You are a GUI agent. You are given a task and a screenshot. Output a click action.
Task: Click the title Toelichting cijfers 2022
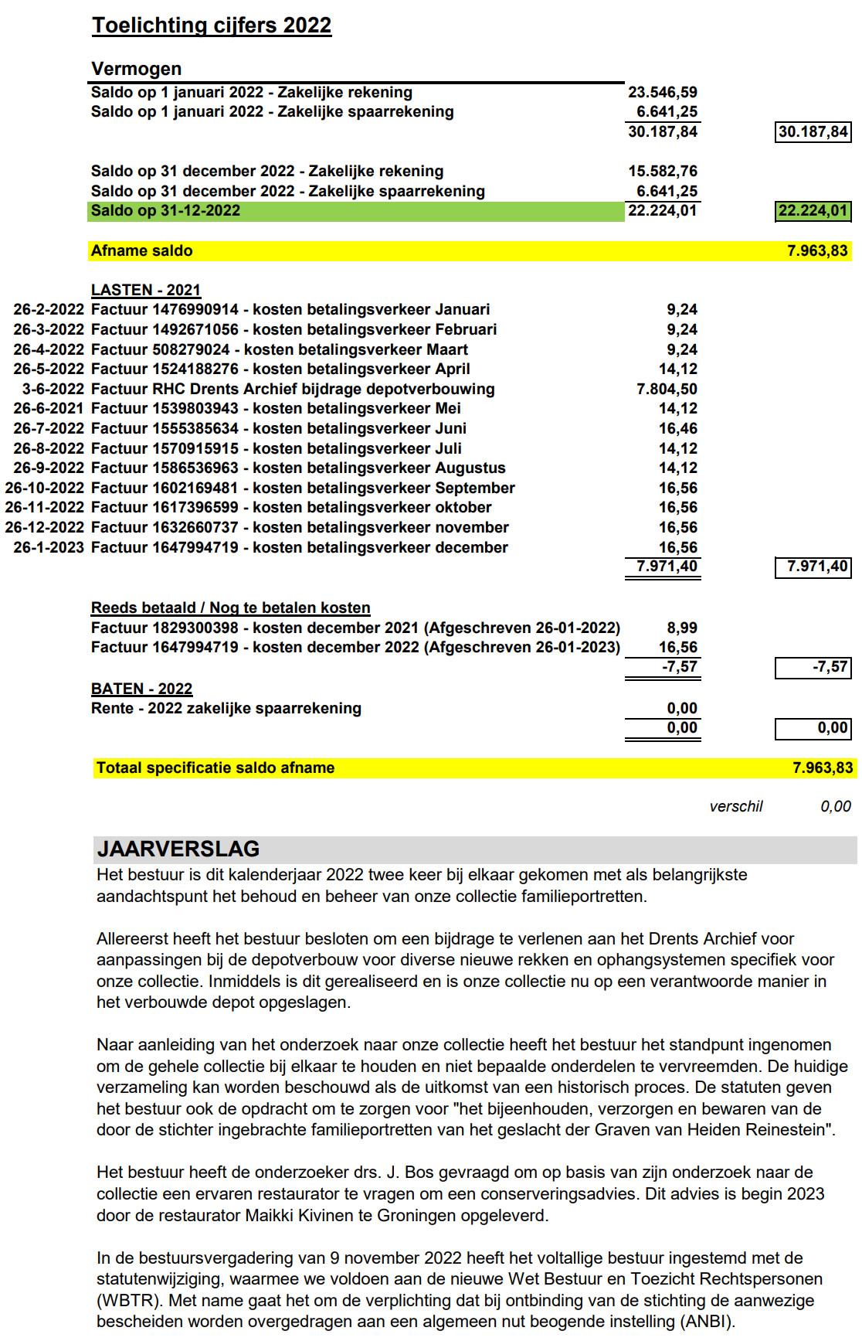click(212, 26)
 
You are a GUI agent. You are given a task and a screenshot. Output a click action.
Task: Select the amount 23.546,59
click(662, 93)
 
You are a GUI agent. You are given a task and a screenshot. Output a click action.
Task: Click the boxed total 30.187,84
click(813, 132)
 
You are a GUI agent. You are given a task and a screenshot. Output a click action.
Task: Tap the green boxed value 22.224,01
click(813, 211)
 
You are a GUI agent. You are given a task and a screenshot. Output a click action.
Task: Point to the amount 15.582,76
click(662, 172)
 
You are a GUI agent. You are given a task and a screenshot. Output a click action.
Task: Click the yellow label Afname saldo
click(142, 251)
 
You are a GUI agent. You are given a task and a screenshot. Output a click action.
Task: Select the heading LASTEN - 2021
click(146, 291)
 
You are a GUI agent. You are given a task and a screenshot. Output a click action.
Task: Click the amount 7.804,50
click(667, 390)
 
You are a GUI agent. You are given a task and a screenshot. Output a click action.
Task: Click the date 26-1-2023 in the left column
click(49, 548)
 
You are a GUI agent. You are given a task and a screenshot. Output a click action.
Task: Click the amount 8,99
click(681, 628)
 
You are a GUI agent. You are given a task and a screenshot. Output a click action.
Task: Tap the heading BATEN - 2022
click(141, 689)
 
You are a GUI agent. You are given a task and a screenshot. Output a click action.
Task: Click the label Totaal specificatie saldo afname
click(215, 768)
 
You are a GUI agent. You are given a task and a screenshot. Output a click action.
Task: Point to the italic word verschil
click(735, 807)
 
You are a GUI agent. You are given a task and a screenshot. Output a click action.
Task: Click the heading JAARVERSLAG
click(178, 849)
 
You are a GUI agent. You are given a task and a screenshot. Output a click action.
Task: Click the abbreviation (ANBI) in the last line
click(707, 1322)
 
